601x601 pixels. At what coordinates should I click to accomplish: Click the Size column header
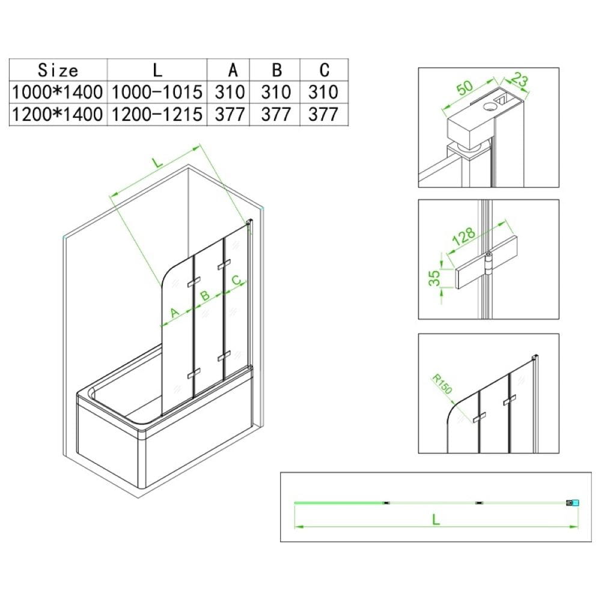(58, 70)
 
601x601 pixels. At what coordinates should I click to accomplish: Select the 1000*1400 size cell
(58, 92)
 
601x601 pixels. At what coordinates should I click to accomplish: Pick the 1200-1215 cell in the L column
(157, 114)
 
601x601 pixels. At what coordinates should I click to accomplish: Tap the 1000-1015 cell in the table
(157, 92)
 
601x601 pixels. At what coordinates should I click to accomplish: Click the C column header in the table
(325, 70)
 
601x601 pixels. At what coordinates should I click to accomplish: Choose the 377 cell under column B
(276, 114)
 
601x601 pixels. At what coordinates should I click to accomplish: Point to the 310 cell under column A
(230, 92)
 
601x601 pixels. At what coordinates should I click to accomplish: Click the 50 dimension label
(465, 87)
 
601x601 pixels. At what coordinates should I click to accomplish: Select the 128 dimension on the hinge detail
(464, 236)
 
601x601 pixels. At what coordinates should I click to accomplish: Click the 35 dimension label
(435, 278)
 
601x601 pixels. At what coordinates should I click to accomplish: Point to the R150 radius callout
(442, 383)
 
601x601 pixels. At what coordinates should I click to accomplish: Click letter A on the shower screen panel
(174, 313)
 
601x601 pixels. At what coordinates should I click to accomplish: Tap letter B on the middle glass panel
(205, 295)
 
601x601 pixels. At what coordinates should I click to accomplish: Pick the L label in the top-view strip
(435, 520)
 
